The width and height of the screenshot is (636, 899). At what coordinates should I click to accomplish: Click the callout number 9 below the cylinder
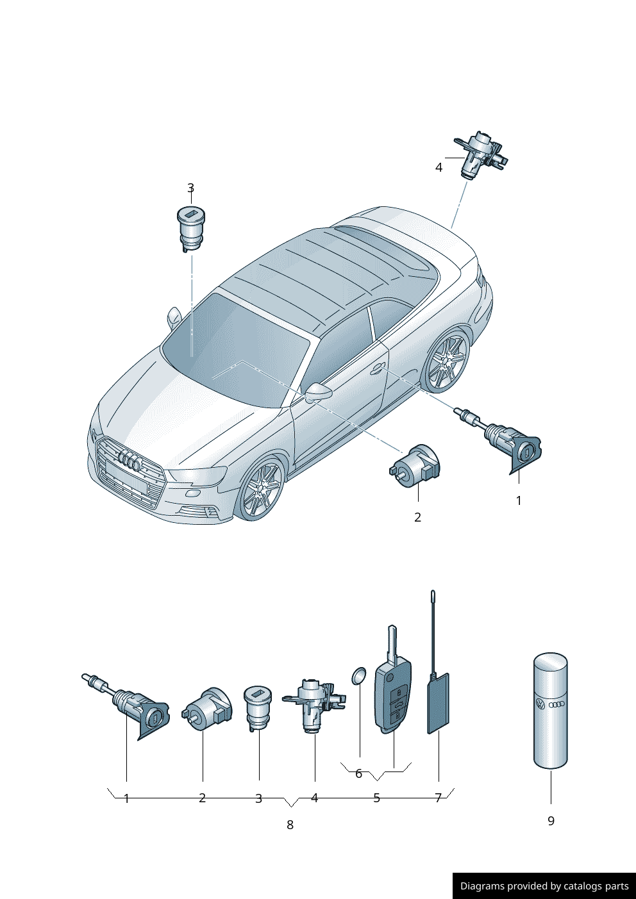[551, 821]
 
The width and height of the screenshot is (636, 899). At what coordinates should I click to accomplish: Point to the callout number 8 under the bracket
[290, 825]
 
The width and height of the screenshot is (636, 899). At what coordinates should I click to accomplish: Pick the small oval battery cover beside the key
[358, 676]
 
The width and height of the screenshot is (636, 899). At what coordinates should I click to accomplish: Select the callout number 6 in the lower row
[358, 773]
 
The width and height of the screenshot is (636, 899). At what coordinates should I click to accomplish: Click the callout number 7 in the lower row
[438, 798]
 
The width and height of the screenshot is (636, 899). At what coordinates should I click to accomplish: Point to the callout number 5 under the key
[376, 798]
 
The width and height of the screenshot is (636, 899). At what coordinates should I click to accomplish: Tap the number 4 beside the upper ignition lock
[439, 167]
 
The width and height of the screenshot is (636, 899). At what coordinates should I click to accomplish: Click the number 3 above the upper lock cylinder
[190, 188]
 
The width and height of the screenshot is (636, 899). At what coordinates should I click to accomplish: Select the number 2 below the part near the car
[417, 517]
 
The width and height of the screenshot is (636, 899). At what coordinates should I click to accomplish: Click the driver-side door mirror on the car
[319, 392]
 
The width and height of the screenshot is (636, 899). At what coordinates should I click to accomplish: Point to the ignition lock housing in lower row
[314, 704]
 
